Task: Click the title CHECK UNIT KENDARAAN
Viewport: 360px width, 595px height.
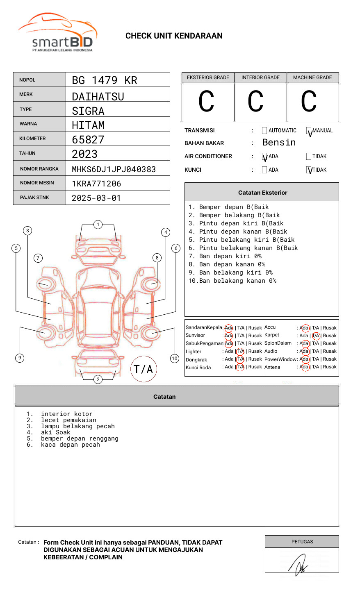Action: tap(174, 36)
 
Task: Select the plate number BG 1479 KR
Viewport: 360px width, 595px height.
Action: tap(105, 80)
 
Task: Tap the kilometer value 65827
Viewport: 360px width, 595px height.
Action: tap(88, 140)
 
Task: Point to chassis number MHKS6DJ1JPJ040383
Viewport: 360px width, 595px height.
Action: tap(114, 169)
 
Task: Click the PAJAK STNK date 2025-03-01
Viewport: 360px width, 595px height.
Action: tap(96, 198)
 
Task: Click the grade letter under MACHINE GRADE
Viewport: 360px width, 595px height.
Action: tap(309, 102)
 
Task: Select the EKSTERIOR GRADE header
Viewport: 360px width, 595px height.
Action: tap(208, 77)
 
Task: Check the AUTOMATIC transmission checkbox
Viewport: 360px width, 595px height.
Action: tap(264, 131)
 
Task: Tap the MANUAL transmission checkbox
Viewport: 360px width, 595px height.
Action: tap(309, 131)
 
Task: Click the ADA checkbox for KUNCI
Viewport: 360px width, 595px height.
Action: tap(264, 170)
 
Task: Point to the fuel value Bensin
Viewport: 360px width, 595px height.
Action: tap(279, 143)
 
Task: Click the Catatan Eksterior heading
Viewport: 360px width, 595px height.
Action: tap(262, 193)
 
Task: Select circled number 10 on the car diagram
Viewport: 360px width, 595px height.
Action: tap(175, 359)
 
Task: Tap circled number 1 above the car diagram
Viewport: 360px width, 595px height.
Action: tap(98, 225)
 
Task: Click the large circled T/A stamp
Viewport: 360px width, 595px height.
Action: tap(144, 369)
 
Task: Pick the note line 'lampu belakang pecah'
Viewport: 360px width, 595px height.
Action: tap(77, 426)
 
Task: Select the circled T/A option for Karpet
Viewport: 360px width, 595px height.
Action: tap(316, 336)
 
